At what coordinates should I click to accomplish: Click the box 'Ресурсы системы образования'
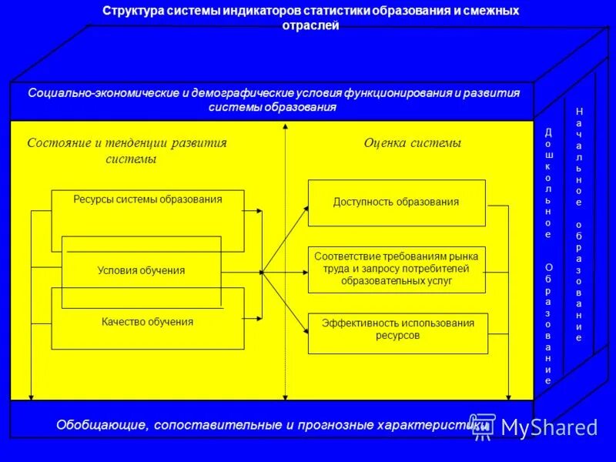coord(147,199)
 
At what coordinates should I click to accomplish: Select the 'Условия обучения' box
coord(141,270)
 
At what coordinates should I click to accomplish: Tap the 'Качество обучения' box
coord(147,322)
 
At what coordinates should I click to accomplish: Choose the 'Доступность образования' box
coord(397,203)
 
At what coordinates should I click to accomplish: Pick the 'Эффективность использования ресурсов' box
coord(397,330)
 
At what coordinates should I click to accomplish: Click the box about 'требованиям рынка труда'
coord(397,269)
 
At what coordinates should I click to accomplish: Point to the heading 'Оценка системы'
coord(412,143)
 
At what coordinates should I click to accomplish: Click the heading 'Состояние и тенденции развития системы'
coord(127,151)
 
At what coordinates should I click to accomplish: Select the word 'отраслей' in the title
coord(311,25)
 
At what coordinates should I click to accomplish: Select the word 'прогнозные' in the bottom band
coord(315,425)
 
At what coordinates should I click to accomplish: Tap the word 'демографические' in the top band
coord(225,93)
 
